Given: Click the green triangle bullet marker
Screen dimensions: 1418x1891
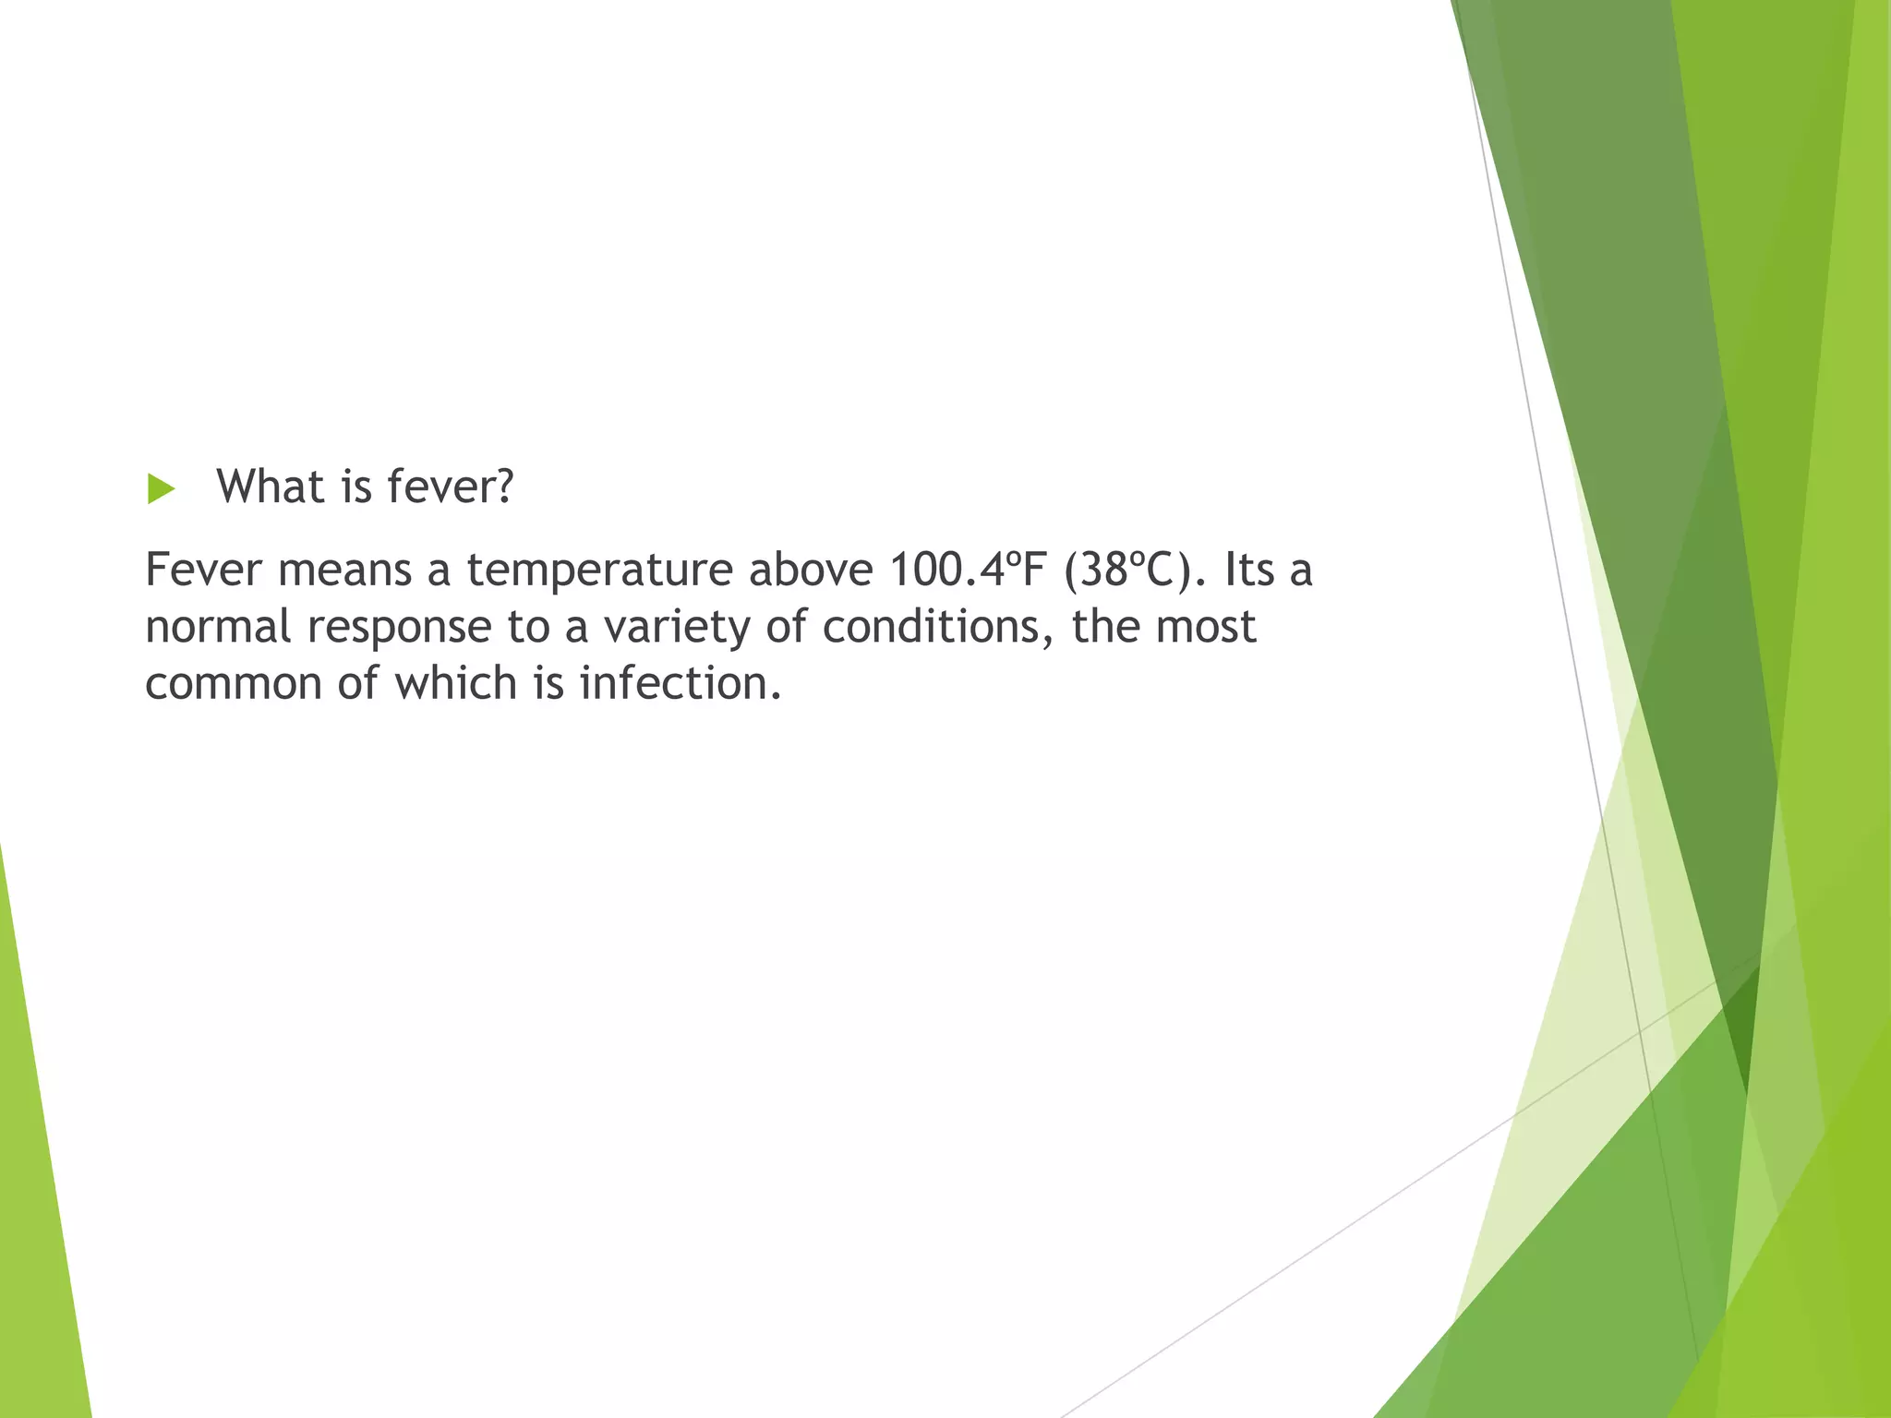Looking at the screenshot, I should pyautogui.click(x=160, y=489).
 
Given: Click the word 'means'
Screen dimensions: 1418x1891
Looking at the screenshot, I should pyautogui.click(x=344, y=570).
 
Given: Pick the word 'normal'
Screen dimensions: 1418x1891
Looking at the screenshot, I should pyautogui.click(x=218, y=627).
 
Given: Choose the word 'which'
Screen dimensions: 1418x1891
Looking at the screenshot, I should pyautogui.click(x=456, y=684).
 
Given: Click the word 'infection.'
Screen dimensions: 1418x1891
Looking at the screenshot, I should pyautogui.click(x=681, y=684).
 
